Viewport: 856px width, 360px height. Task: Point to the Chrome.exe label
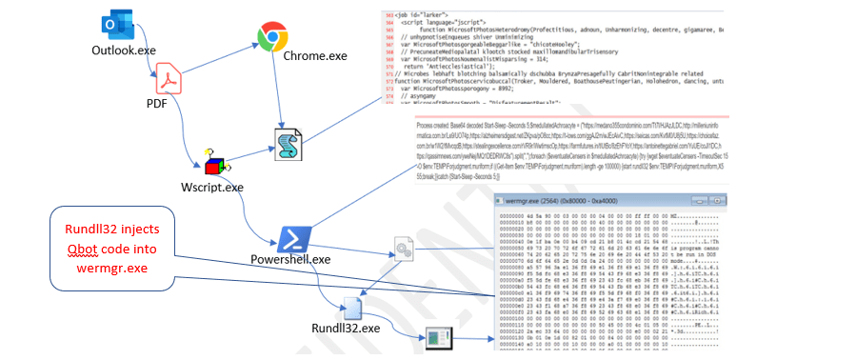pyautogui.click(x=314, y=56)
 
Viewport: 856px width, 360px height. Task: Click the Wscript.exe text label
pyautogui.click(x=213, y=187)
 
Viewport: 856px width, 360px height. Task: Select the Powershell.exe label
pyautogui.click(x=290, y=259)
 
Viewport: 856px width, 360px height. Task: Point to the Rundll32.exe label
pyautogui.click(x=346, y=329)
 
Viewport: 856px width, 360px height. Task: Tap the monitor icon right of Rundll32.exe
pyautogui.click(x=440, y=339)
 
